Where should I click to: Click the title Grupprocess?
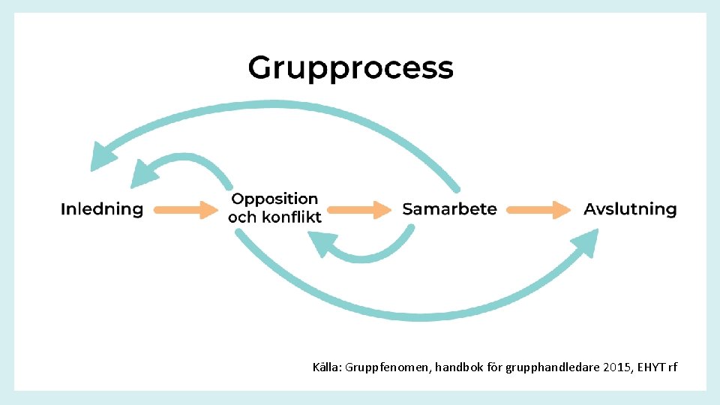350,68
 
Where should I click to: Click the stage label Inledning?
102,209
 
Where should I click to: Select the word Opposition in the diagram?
274,199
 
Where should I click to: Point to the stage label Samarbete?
449,209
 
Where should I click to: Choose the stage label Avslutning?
630,209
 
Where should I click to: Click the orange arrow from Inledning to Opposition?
185,209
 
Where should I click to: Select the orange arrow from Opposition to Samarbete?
359,209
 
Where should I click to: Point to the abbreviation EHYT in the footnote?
649,367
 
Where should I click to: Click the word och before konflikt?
241,217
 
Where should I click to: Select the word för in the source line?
491,367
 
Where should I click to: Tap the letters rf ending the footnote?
671,367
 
